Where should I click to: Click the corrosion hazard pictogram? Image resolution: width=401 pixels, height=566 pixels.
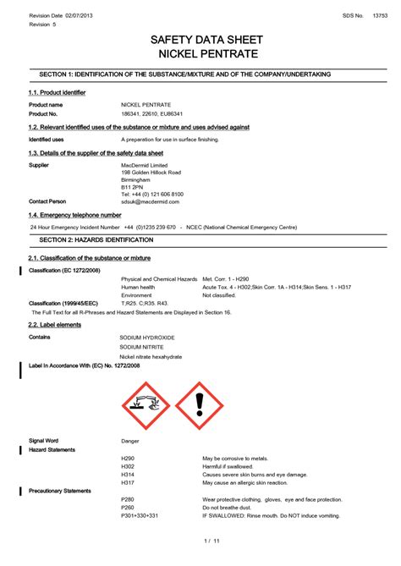tap(146, 406)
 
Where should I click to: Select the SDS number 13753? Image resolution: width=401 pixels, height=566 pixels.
tap(380, 16)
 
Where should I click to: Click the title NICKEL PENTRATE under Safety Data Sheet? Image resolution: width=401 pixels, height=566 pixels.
tap(200, 54)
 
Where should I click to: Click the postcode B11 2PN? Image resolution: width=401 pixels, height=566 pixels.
tap(134, 187)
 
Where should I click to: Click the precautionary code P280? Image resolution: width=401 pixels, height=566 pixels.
tap(128, 499)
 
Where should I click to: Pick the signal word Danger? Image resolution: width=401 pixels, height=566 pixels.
tap(130, 441)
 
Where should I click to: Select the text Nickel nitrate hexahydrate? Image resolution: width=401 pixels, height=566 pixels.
tap(151, 356)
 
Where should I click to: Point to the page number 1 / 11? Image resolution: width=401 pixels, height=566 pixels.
tap(211, 540)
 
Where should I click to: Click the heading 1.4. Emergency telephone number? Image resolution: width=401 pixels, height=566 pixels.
tap(69, 216)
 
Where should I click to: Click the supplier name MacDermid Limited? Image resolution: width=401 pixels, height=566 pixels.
tap(144, 165)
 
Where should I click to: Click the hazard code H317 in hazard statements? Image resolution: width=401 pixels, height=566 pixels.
tap(128, 482)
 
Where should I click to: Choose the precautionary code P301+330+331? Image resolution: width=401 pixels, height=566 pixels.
tap(140, 515)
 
